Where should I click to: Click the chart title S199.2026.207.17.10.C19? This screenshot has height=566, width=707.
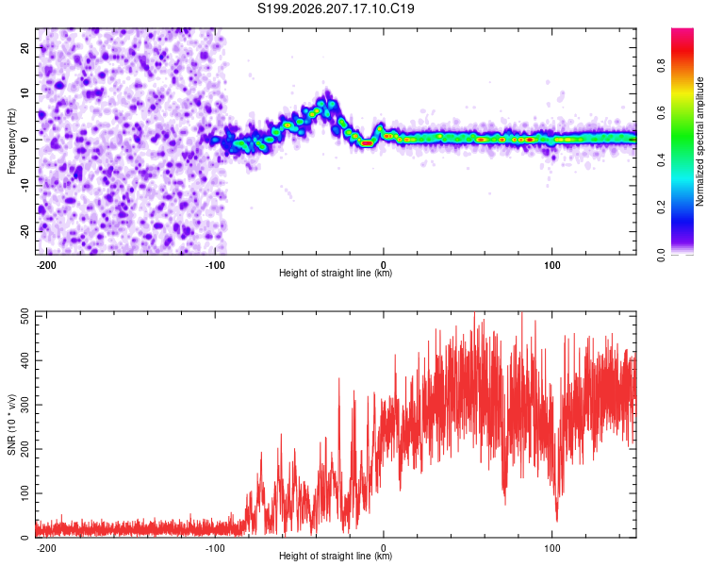[x=336, y=8]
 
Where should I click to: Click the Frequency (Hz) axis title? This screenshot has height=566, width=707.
[x=11, y=141]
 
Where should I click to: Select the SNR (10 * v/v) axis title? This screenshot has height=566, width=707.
[x=11, y=424]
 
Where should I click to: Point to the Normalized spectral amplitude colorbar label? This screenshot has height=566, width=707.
[x=699, y=141]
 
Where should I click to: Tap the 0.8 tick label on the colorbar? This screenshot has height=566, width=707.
[x=661, y=65]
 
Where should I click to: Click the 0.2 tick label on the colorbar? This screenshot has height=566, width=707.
[x=661, y=207]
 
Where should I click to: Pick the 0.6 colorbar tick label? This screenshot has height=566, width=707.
[x=661, y=112]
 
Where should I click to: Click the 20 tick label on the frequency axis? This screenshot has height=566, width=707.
[x=25, y=47]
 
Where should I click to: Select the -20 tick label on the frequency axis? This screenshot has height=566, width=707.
[x=25, y=231]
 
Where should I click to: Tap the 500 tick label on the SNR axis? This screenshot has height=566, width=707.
[x=25, y=317]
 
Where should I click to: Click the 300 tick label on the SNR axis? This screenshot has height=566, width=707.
[x=25, y=405]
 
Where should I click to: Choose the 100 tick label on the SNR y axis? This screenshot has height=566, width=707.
[x=25, y=492]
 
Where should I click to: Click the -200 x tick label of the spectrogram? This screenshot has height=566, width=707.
[x=45, y=265]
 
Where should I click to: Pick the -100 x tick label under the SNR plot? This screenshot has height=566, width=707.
[x=215, y=548]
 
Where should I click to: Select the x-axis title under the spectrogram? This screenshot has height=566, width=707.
[x=336, y=273]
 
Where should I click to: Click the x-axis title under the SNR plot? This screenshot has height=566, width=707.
[x=336, y=556]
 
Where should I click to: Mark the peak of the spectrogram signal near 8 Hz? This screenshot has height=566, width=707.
[x=327, y=92]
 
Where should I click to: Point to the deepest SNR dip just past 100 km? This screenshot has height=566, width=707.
[x=557, y=522]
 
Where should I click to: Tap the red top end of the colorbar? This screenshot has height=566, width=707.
[x=682, y=30]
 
